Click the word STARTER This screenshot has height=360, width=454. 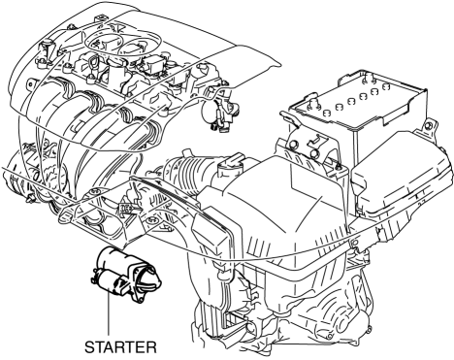[120, 347]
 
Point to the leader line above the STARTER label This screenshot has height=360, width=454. [108, 313]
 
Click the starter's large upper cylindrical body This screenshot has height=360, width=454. [118, 259]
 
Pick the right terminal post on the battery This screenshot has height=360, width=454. [367, 78]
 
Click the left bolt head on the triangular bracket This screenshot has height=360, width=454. [94, 192]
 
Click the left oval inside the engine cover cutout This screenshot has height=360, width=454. [102, 43]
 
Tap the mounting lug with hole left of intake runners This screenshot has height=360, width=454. [30, 84]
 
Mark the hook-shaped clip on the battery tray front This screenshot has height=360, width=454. [313, 140]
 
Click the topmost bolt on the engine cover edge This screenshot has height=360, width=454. [100, 18]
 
